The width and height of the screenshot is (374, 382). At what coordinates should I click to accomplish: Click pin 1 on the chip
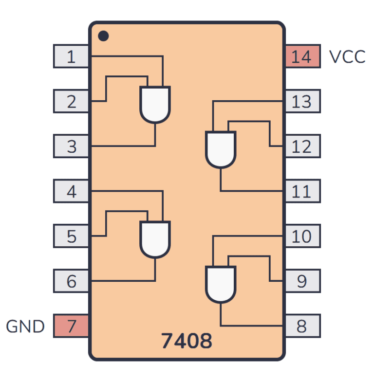click(71, 56)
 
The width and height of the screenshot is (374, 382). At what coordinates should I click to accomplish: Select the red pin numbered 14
click(302, 56)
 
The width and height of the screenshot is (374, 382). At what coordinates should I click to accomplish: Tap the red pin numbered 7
click(71, 326)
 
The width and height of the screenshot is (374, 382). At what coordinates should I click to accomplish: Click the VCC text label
click(347, 56)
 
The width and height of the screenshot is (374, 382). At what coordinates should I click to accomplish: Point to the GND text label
click(25, 326)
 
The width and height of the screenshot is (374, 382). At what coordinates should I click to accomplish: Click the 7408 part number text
click(187, 341)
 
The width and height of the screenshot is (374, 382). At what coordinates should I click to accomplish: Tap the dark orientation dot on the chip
click(103, 36)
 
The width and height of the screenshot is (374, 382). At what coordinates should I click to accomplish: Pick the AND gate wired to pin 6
click(155, 239)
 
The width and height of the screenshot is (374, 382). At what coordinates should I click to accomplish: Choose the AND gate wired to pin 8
click(221, 284)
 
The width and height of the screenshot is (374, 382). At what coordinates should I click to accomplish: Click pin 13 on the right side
click(302, 101)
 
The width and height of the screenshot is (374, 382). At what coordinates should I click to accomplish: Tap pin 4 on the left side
click(71, 191)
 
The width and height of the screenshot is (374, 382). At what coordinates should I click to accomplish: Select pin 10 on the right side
click(302, 236)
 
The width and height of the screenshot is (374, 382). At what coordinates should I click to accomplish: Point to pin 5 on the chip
click(71, 236)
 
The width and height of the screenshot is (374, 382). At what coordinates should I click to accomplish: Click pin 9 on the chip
click(302, 281)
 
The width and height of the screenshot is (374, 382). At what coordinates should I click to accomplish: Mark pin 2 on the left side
click(71, 101)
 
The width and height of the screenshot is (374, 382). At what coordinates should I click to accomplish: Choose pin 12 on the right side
click(302, 146)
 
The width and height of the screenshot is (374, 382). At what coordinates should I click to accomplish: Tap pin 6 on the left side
click(71, 281)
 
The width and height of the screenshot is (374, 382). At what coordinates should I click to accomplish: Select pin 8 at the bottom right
click(302, 326)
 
